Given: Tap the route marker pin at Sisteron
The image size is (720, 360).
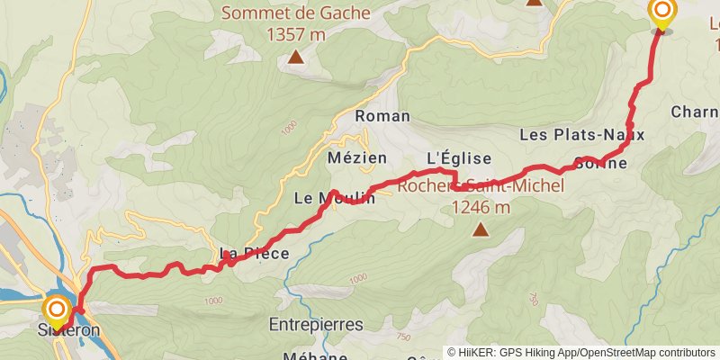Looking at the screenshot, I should click(x=57, y=312).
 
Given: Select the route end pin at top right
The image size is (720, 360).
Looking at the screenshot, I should click(x=661, y=13).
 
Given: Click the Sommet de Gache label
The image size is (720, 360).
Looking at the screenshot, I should click(x=295, y=13).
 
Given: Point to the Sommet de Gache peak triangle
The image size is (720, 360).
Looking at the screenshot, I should click(x=295, y=59).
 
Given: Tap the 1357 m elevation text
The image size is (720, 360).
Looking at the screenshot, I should click(x=295, y=34).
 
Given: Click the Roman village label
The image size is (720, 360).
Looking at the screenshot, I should click(x=382, y=116).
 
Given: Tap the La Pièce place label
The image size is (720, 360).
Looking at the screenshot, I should click(x=255, y=254).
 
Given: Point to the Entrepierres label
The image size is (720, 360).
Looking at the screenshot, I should click(x=315, y=323).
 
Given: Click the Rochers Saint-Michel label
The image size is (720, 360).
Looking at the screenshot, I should click(x=481, y=187).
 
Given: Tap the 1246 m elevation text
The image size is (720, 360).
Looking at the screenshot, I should click(x=481, y=207).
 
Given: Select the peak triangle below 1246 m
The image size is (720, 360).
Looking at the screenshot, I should click(x=481, y=230).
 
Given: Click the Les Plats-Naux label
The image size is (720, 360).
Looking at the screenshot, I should click(x=582, y=135).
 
